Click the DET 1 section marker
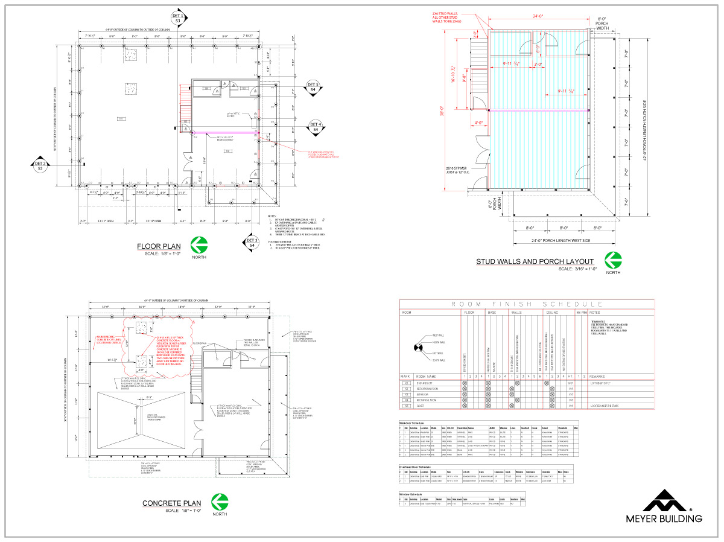coord(178,18)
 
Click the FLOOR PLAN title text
coord(158,246)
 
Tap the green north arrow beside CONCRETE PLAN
coord(220,502)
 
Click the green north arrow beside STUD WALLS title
coord(613,260)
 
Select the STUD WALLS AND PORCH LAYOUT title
coord(535,261)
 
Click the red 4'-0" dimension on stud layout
coord(480,124)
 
